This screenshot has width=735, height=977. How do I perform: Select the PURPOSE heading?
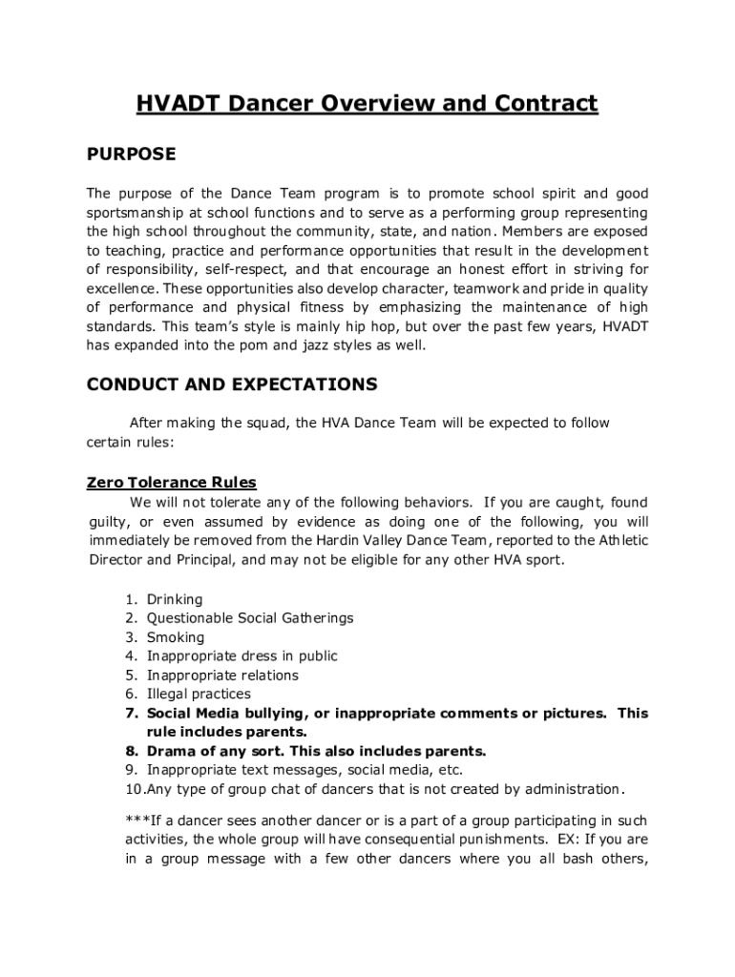pyautogui.click(x=132, y=154)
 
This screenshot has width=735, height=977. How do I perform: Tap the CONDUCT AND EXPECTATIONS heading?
pyautogui.click(x=232, y=385)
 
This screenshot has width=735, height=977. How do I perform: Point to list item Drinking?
pyautogui.click(x=175, y=599)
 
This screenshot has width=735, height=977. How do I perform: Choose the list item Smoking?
pyautogui.click(x=176, y=637)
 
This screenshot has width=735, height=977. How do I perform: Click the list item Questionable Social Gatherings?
pyautogui.click(x=250, y=618)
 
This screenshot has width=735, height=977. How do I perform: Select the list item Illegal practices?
pyautogui.click(x=199, y=695)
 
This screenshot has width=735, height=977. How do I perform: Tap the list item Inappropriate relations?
pyautogui.click(x=222, y=676)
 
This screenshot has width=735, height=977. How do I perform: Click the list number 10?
pyautogui.click(x=135, y=790)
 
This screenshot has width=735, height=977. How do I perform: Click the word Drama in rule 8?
pyautogui.click(x=171, y=751)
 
